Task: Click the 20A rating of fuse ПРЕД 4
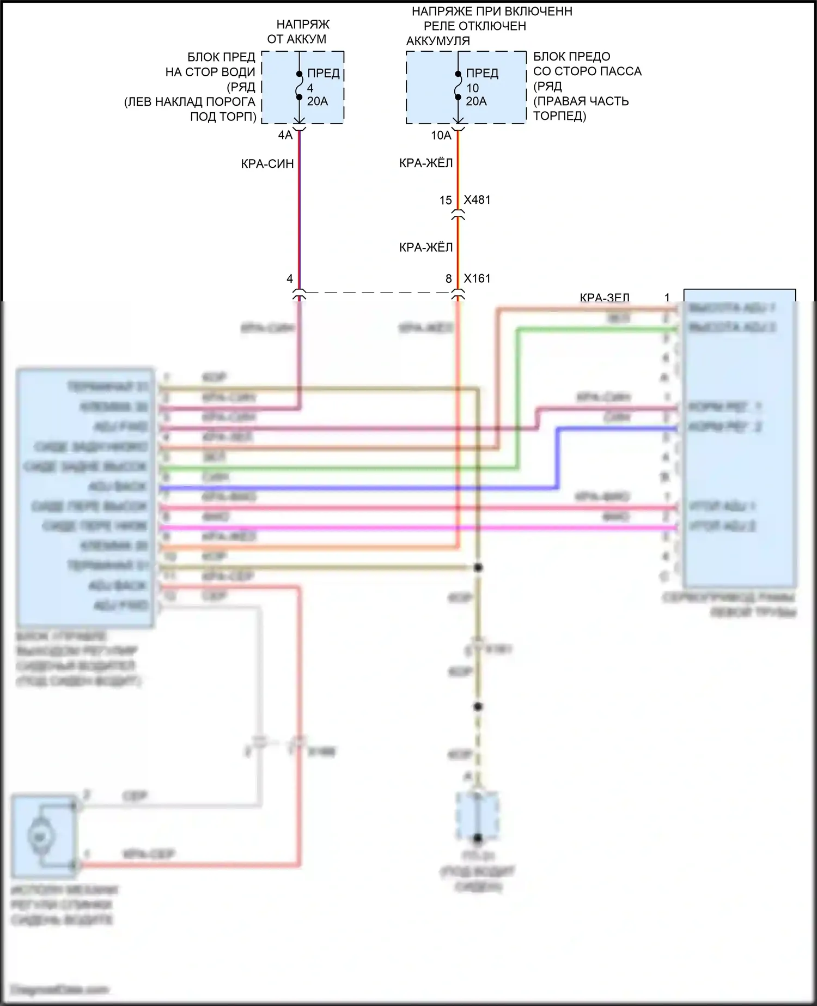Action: (x=318, y=101)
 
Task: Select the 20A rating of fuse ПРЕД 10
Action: (x=477, y=101)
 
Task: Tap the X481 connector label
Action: (x=477, y=200)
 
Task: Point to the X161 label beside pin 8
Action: (x=477, y=278)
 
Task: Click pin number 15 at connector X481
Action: (x=446, y=201)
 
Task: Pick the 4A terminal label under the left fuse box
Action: (x=285, y=135)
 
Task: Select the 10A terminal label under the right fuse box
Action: (x=441, y=135)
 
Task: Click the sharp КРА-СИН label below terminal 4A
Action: (x=267, y=163)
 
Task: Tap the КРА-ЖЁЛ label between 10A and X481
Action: (x=426, y=163)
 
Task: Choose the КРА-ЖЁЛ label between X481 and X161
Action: (x=426, y=248)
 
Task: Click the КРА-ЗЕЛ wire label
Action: (x=605, y=298)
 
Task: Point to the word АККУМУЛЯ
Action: (x=438, y=41)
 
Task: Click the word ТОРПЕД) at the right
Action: (x=560, y=116)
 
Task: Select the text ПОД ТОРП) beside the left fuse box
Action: (x=223, y=117)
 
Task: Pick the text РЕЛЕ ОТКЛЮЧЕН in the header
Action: (x=475, y=26)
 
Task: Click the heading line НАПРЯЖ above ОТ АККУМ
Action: (x=303, y=25)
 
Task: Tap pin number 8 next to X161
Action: (x=449, y=279)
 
